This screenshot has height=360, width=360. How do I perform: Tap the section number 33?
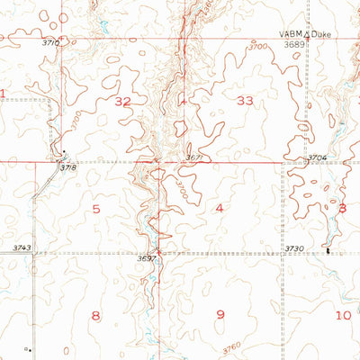244,103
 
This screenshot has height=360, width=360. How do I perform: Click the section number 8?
96,314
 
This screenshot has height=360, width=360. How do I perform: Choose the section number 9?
219,314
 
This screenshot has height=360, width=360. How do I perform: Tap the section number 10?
343,314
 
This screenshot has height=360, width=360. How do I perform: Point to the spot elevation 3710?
51,42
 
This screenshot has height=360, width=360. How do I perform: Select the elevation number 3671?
194,157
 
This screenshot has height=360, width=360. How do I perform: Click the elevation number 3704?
315,157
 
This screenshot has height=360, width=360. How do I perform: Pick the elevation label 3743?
22,247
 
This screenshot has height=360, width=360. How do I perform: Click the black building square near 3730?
328,251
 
